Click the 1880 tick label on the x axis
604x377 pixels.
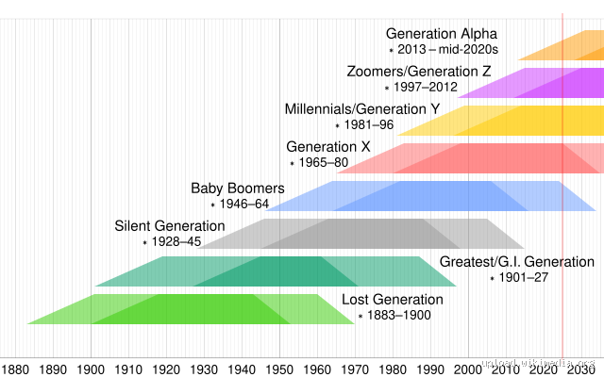[x=15, y=369]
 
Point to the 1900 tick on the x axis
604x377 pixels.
[x=91, y=369]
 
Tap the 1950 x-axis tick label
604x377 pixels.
[x=279, y=369]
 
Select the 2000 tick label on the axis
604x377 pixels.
[x=468, y=369]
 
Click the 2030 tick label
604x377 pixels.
[x=581, y=369]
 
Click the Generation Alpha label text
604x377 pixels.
[x=441, y=34]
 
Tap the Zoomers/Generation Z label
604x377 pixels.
[x=419, y=72]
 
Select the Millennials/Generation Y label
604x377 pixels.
[x=362, y=109]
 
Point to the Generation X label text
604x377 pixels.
[x=328, y=147]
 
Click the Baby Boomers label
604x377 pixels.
[x=238, y=188]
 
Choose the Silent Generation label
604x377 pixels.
[x=170, y=226]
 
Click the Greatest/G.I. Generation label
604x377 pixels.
[x=517, y=262]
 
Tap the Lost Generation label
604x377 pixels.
[x=392, y=300]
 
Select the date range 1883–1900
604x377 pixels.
[x=399, y=315]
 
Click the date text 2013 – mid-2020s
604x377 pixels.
[x=447, y=49]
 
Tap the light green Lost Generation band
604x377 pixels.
[x=189, y=309]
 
